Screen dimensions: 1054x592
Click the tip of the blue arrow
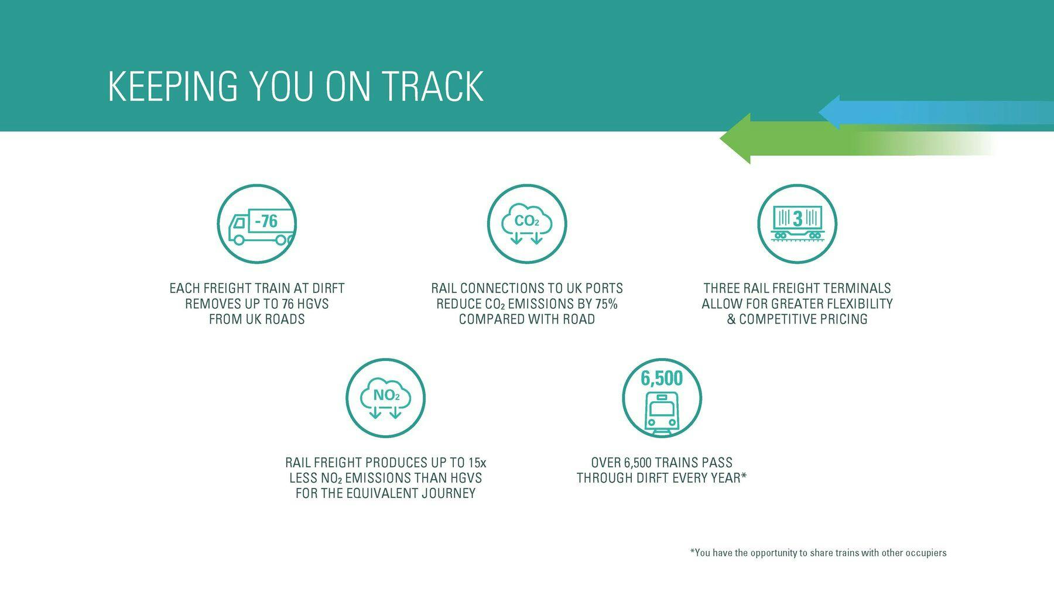[819, 112]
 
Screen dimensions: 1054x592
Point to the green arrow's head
[735, 139]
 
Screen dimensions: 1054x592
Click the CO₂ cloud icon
[527, 225]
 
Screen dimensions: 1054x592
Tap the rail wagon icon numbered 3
[798, 222]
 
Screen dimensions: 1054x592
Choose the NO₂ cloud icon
[385, 399]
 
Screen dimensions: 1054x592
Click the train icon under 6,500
[662, 412]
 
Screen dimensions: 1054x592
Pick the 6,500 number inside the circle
[662, 378]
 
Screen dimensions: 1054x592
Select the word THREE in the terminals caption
[721, 288]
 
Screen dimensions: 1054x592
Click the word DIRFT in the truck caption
[328, 288]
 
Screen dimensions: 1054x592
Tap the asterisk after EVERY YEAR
[744, 476]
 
